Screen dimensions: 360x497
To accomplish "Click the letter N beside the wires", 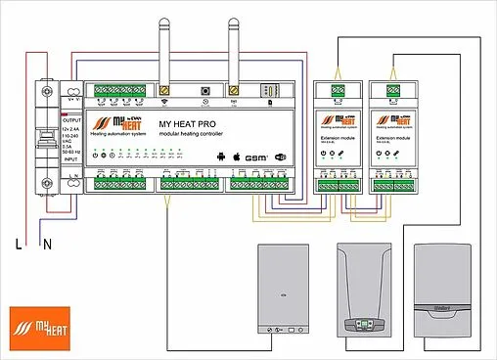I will (47, 246).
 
